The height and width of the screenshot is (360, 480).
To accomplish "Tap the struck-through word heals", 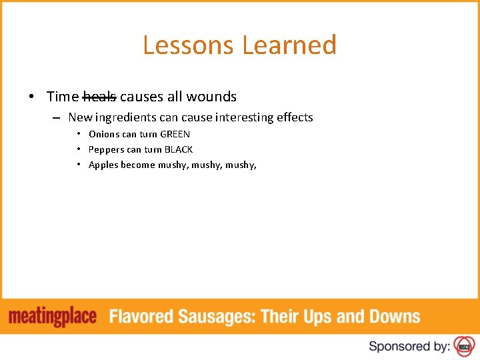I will coord(99,97).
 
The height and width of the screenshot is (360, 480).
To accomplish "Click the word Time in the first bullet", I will coord(63,97).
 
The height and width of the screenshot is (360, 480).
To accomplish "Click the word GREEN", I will coord(175,134).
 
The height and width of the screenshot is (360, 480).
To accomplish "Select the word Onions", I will coord(105,134).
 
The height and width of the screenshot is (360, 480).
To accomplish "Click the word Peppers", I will coord(107,149).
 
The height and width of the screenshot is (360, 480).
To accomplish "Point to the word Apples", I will coord(103,165).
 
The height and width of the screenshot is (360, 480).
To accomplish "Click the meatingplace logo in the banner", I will coord(53,317).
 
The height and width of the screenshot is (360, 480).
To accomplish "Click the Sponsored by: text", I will coord(409,346).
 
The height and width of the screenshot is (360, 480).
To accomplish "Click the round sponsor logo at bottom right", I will coord(463,346).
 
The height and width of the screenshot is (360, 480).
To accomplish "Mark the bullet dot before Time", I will coord(32,97).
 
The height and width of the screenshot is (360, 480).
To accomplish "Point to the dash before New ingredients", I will coord(56,118).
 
